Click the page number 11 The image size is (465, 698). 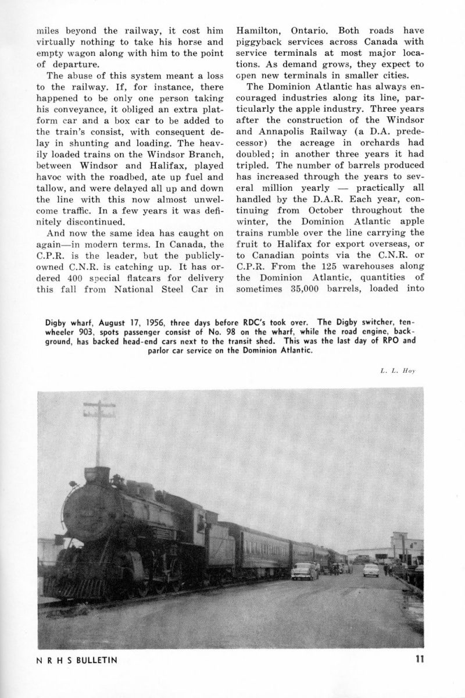pyautogui.click(x=418, y=660)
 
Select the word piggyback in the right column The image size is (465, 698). pyautogui.click(x=263, y=41)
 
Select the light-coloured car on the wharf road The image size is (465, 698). pyautogui.click(x=371, y=569)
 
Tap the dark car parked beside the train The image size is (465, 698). pyautogui.click(x=305, y=572)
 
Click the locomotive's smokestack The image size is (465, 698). pyautogui.click(x=96, y=475)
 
